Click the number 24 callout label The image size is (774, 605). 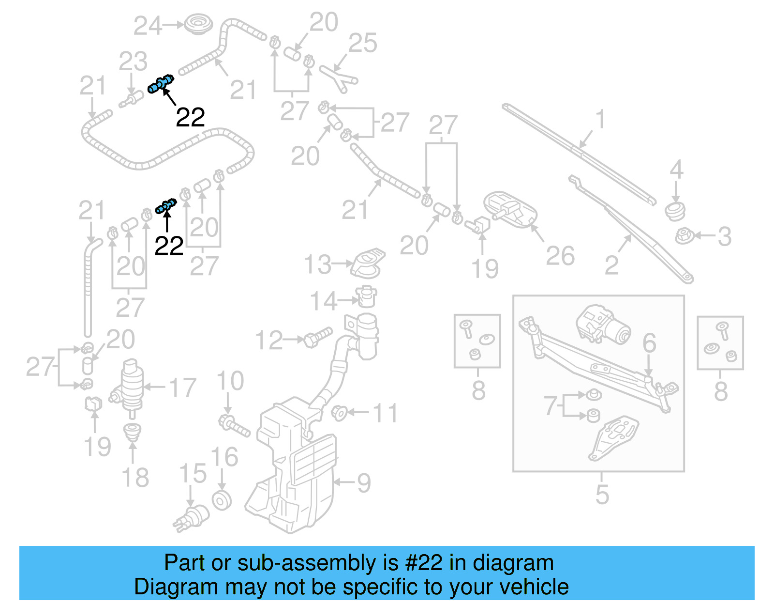(148, 26)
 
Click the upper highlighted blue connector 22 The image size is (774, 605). (161, 84)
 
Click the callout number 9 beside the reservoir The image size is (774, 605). (363, 483)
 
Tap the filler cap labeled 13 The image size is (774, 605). (368, 264)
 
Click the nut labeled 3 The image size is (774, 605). (684, 236)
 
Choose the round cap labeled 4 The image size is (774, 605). (675, 211)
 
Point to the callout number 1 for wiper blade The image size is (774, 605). (600, 119)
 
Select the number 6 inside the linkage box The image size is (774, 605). (649, 343)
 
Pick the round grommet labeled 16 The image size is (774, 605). (222, 500)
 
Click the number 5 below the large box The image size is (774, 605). (602, 494)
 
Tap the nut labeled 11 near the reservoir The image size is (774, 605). (339, 413)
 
